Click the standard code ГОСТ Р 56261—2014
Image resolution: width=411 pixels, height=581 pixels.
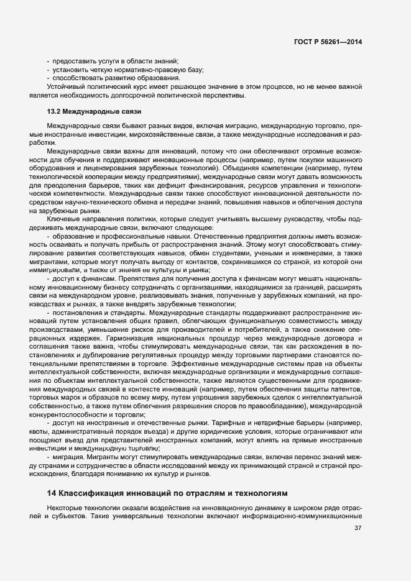coord(328,42)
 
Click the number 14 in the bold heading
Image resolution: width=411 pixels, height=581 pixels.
coord(52,493)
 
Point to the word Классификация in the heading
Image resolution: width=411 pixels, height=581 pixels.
coord(91,493)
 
